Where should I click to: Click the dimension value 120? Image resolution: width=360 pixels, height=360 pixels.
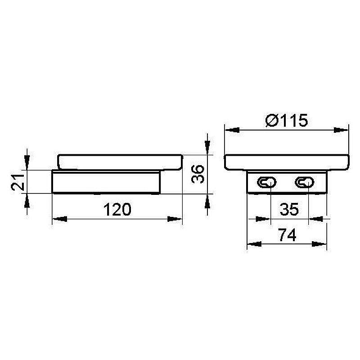[x=117, y=209]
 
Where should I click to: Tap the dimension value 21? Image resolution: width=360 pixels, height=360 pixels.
[x=18, y=182]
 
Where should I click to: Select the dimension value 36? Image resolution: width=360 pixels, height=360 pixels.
[x=198, y=174]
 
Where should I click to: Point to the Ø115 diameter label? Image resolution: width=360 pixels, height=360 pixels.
[x=286, y=120]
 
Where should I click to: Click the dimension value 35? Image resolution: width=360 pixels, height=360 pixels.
[x=289, y=209]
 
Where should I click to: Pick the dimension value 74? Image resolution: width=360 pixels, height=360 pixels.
[x=287, y=234]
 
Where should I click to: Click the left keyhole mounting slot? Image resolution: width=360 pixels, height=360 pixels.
[x=266, y=183]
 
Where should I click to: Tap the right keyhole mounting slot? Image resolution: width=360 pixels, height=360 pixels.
[x=305, y=183]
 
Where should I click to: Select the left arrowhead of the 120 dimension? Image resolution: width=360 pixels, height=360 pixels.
[x=60, y=219]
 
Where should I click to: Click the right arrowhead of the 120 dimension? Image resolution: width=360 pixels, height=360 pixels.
[x=175, y=219]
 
